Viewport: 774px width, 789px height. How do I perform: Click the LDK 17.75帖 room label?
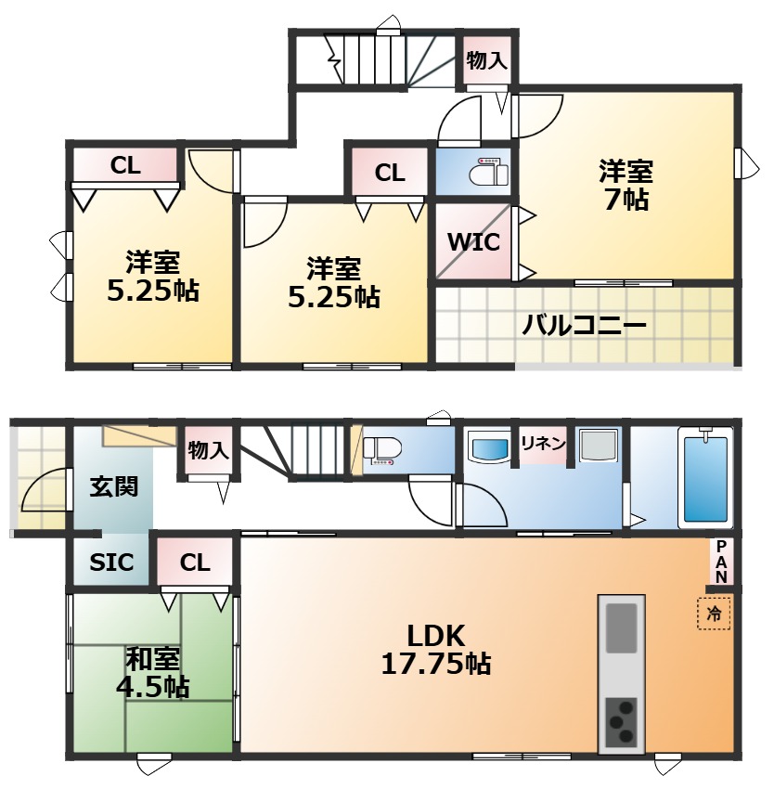point(436,650)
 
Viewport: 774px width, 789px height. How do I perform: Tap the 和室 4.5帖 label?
point(152,673)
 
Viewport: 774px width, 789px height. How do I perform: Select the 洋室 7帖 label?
point(626,185)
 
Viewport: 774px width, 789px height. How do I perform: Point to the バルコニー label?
point(584,325)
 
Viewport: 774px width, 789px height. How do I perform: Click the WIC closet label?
point(473,242)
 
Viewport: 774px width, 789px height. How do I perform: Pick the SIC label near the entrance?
point(111,563)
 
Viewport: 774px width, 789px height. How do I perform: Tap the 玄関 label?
point(114,486)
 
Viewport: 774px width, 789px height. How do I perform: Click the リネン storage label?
point(543,444)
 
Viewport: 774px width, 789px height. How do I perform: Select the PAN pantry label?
point(722,562)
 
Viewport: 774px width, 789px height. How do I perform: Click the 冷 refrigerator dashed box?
point(714,614)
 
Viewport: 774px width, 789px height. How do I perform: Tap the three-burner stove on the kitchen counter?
point(622,722)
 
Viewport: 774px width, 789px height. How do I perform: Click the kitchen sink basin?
point(622,628)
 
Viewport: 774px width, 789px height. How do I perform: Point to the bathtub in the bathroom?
point(705,478)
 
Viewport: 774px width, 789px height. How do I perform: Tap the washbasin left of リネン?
point(490,447)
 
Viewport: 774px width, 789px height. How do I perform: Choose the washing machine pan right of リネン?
point(599,446)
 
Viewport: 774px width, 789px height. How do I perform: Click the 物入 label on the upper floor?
point(486,61)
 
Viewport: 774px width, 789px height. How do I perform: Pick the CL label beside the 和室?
point(195,563)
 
